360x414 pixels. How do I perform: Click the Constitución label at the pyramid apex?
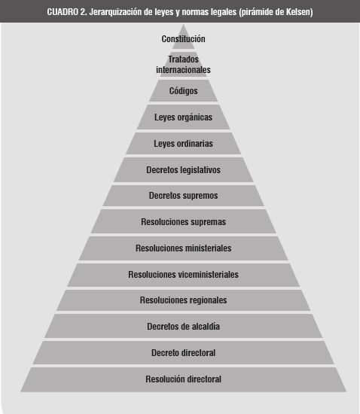pyautogui.click(x=183, y=39)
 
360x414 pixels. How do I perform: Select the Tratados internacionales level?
pyautogui.click(x=183, y=65)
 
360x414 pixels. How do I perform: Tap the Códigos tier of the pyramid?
pyautogui.click(x=183, y=91)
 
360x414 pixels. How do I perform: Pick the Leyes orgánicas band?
pyautogui.click(x=183, y=117)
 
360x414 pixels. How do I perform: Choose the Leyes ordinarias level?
pyautogui.click(x=183, y=143)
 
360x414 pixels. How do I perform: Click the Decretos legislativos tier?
pyautogui.click(x=183, y=170)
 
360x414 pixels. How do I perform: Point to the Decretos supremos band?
pyautogui.click(x=183, y=196)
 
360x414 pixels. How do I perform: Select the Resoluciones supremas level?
pyautogui.click(x=183, y=222)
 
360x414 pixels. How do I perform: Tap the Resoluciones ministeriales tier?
pyautogui.click(x=183, y=248)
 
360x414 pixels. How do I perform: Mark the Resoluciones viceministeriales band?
pyautogui.click(x=183, y=275)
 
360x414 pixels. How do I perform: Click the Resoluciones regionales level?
pyautogui.click(x=183, y=300)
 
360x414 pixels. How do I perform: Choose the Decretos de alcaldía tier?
pyautogui.click(x=183, y=327)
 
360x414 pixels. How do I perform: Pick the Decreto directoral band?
pyautogui.click(x=183, y=353)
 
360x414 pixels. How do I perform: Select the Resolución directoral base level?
pyautogui.click(x=183, y=379)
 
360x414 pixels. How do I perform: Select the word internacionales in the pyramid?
pyautogui.click(x=183, y=70)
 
